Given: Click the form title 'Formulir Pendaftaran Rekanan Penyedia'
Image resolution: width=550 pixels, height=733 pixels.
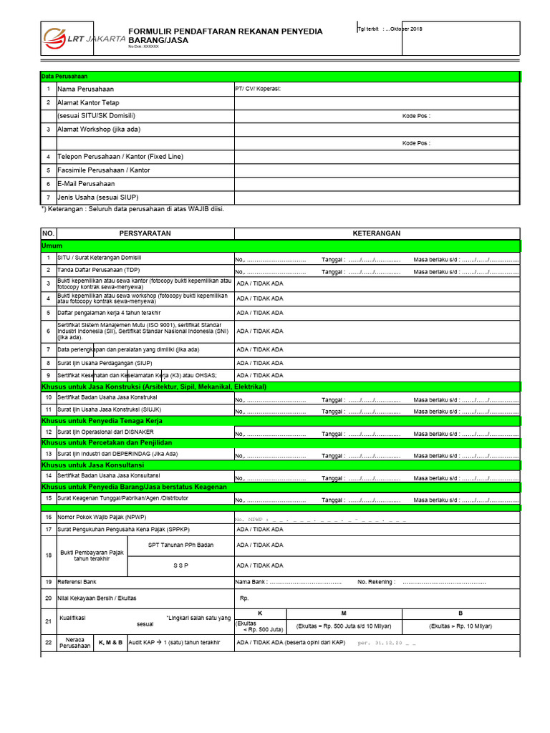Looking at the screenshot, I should (225, 32).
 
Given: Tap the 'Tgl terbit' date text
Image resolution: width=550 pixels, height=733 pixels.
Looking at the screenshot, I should (390, 29).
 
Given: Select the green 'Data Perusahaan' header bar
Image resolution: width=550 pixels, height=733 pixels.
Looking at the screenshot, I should (279, 76).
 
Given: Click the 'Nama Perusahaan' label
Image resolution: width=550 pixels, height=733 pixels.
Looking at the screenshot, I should (85, 89).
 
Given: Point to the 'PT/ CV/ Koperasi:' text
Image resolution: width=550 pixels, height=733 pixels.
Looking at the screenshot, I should (259, 89).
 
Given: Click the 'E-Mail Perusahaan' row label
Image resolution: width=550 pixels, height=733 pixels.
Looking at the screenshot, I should (86, 184).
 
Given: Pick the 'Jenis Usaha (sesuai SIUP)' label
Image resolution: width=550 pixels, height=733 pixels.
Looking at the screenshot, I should (98, 197).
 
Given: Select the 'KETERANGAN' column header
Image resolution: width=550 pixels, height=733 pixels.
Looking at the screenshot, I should (376, 233).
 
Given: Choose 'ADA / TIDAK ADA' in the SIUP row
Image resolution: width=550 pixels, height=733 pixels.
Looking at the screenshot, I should (259, 363).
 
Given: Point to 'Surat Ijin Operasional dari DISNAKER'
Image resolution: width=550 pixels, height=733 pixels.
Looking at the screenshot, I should (105, 432).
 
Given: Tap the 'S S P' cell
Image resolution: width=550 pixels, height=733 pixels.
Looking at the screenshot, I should (180, 565).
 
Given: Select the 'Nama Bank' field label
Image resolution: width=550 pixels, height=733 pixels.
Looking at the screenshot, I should (251, 582).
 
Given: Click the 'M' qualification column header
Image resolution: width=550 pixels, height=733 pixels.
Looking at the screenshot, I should (344, 613).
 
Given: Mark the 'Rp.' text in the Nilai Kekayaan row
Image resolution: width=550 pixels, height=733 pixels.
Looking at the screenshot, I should (243, 598).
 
